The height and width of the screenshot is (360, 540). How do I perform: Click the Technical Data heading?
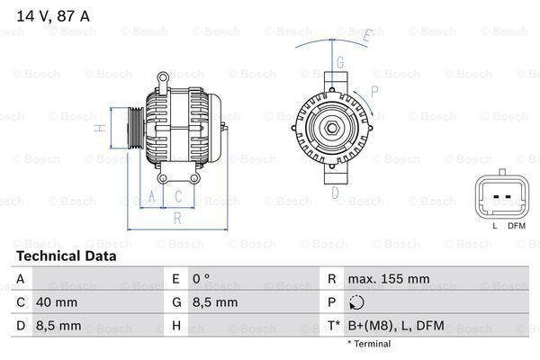point(66,256)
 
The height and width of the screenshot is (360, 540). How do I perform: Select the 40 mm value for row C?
point(56,302)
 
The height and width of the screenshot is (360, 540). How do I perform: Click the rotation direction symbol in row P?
point(357,303)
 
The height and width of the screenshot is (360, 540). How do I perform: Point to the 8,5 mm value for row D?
point(58,325)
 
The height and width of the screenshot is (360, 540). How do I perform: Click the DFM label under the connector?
point(516,225)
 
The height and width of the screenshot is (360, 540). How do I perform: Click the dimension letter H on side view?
point(103,129)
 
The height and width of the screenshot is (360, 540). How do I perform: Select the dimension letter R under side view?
point(178,217)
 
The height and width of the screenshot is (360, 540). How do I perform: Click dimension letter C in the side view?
point(177,194)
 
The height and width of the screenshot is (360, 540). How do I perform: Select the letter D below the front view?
point(335,192)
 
